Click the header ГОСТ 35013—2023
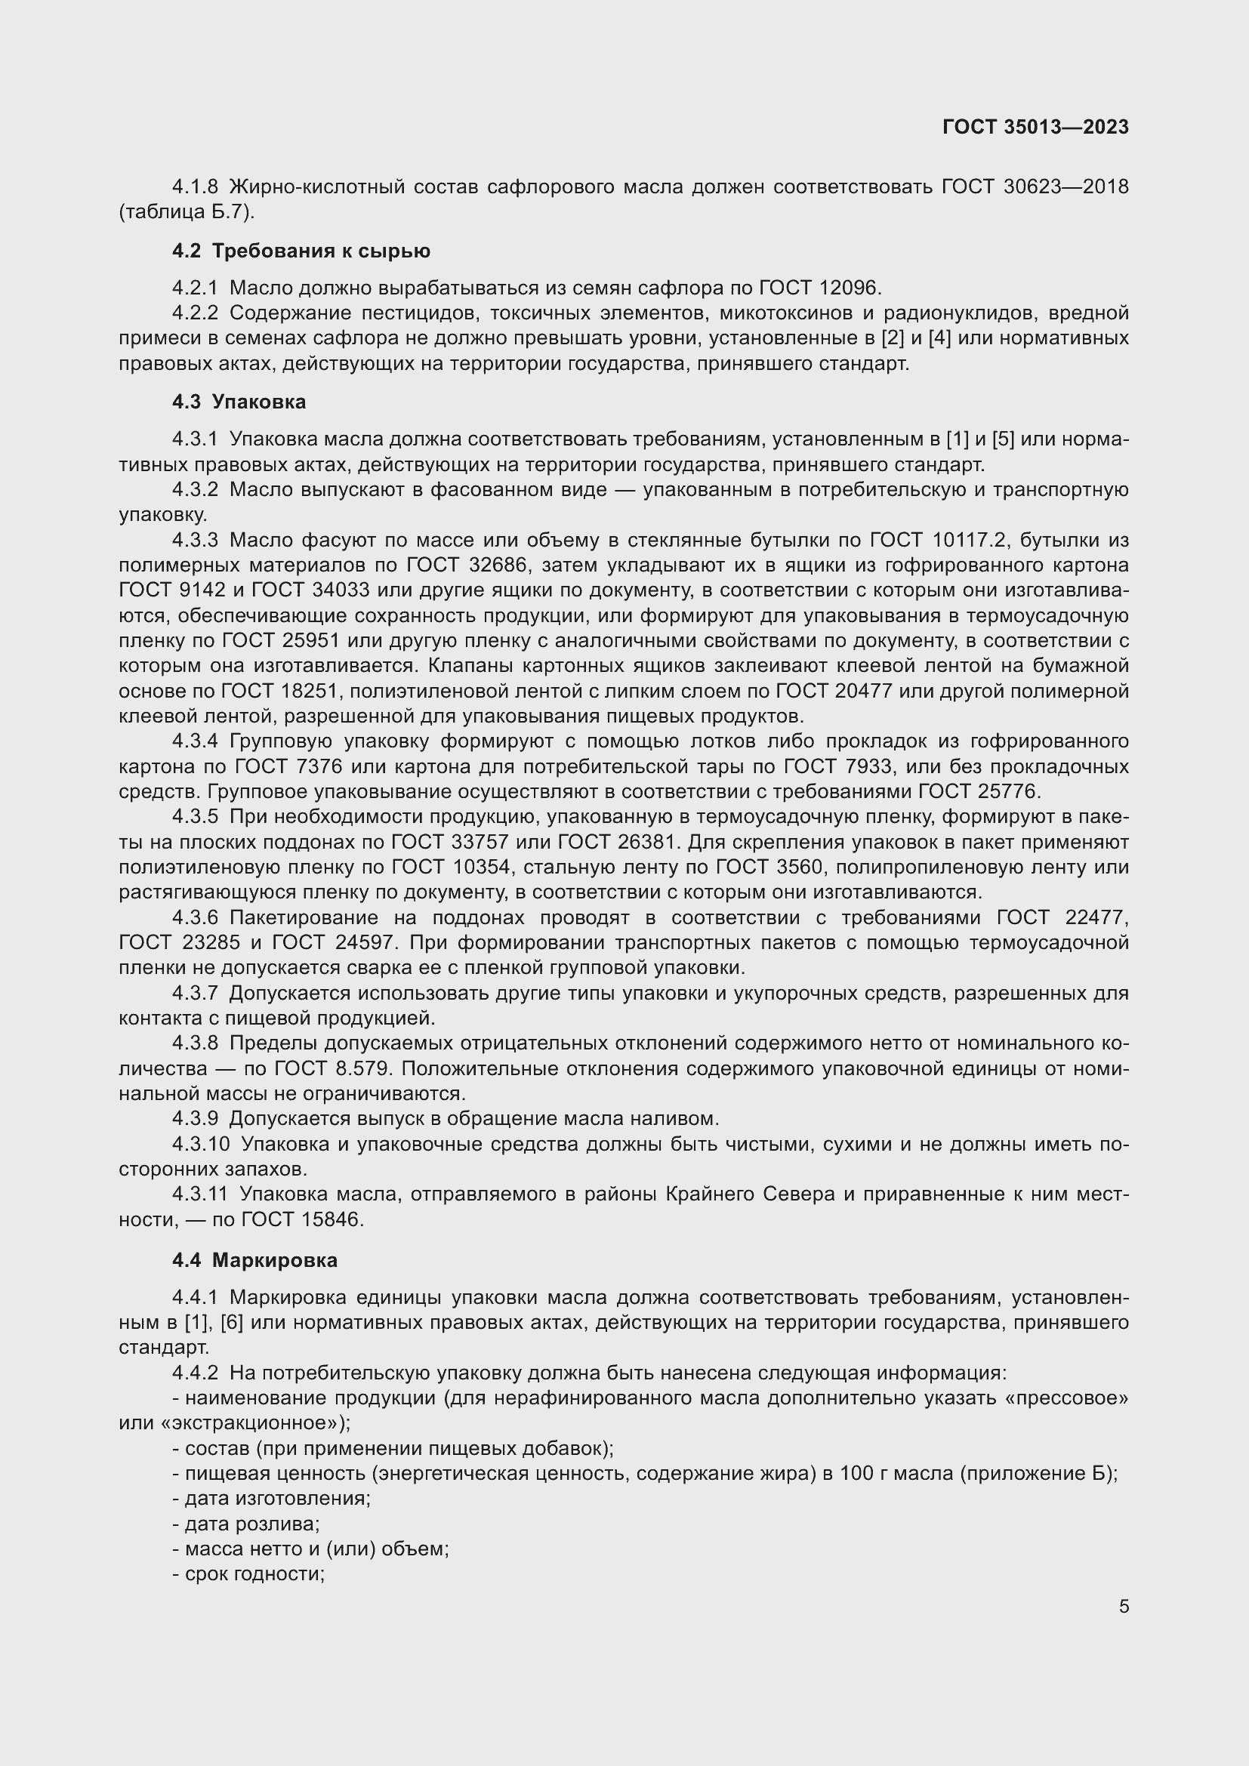(1035, 127)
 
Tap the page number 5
(1124, 1606)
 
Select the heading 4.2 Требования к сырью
(301, 251)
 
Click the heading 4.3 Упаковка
(239, 402)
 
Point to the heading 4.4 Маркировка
(254, 1260)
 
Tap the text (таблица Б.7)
(187, 211)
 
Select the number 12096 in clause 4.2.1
(848, 288)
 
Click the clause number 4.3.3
(195, 540)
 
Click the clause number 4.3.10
(201, 1144)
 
